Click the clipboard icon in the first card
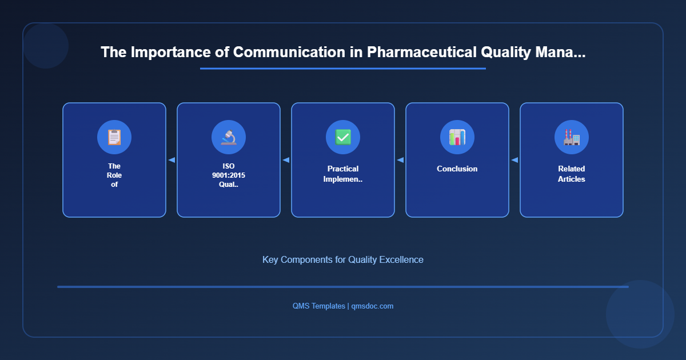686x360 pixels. pos(114,137)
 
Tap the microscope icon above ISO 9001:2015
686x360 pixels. pos(229,137)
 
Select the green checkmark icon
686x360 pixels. pos(343,137)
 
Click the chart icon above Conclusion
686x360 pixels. pos(457,137)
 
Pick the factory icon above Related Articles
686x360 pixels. pos(572,137)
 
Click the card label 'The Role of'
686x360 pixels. pos(114,175)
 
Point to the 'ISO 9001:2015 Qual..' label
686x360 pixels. pos(229,175)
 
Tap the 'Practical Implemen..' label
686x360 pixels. pos(343,174)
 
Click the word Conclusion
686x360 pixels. pos(457,169)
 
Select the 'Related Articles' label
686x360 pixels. pos(572,174)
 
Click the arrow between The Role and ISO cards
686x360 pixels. pos(171,160)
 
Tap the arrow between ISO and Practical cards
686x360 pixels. pos(286,160)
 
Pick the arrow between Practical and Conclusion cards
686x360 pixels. pos(400,160)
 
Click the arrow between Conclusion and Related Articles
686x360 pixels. pos(514,160)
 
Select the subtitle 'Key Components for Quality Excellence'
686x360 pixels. pos(343,259)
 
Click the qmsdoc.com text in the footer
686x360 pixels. pos(372,306)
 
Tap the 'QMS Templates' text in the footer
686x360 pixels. pos(318,306)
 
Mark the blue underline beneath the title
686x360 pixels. pos(343,69)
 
